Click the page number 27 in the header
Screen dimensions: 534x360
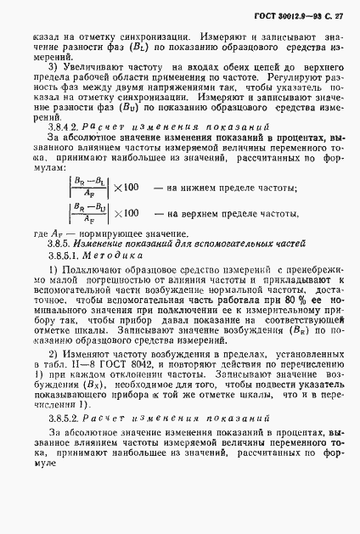[x=339, y=16]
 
